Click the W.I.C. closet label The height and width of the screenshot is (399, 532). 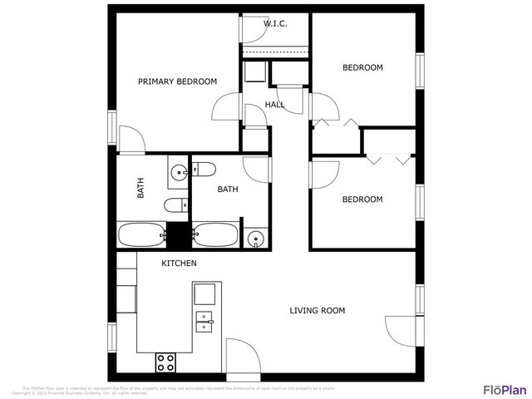coord(275,23)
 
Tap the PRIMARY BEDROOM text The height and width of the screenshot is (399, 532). coord(177,81)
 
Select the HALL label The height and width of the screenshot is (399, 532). coord(274,105)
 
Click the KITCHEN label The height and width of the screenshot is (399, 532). coord(179,264)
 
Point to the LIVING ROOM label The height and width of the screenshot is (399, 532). coord(317,311)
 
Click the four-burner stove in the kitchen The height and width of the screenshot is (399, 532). coord(166,362)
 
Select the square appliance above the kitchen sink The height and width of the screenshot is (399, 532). coord(205,293)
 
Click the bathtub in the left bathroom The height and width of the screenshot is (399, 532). coord(142,234)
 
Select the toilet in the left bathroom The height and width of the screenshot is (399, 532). coord(175,205)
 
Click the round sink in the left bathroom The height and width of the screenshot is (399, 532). coord(178,173)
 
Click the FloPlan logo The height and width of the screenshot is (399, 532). coord(505,389)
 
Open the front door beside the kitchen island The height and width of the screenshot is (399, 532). coord(242,356)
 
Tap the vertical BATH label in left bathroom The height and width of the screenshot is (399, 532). coord(140,190)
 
